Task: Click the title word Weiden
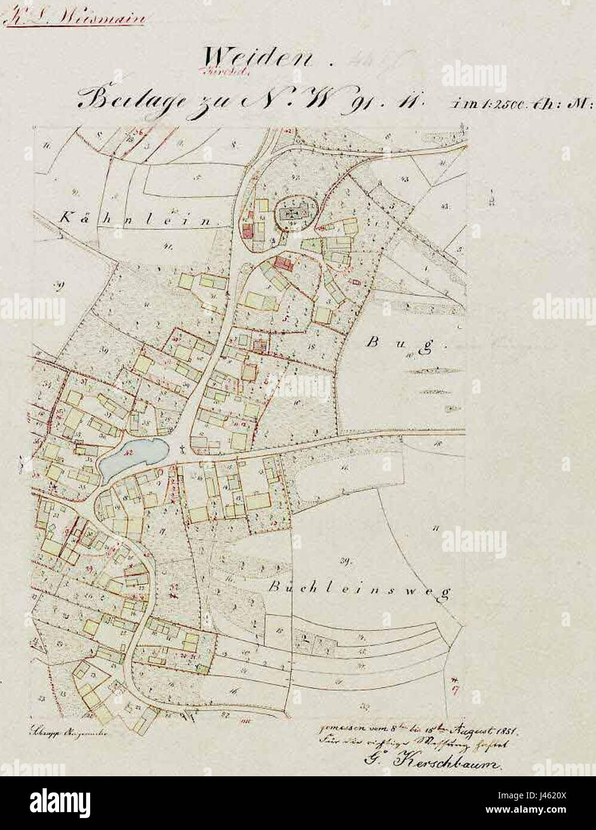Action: click(260, 60)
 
